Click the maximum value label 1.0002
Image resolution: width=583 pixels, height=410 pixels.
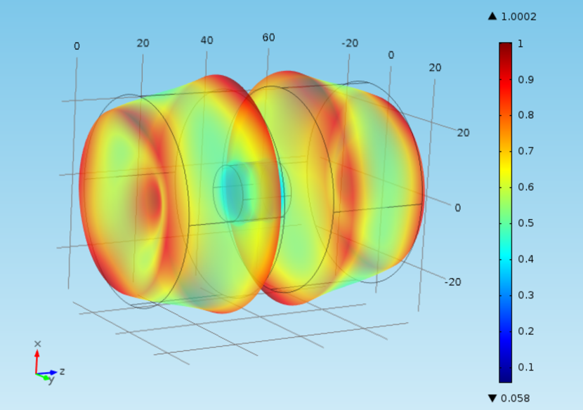pyautogui.click(x=518, y=17)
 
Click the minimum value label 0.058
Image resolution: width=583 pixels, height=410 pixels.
pyautogui.click(x=516, y=399)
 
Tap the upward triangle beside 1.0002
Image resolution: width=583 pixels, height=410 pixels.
pyautogui.click(x=492, y=16)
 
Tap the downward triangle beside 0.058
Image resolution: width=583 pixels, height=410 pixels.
pyautogui.click(x=492, y=399)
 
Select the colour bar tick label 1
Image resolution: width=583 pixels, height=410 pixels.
pyautogui.click(x=520, y=44)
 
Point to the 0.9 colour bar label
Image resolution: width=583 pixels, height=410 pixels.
pyautogui.click(x=525, y=79)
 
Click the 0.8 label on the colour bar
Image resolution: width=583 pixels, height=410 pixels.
pyautogui.click(x=525, y=115)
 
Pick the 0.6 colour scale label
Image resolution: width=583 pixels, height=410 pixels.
pyautogui.click(x=525, y=187)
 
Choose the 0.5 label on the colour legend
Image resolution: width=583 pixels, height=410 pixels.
pyautogui.click(x=525, y=223)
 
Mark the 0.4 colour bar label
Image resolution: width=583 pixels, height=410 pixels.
pyautogui.click(x=525, y=259)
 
